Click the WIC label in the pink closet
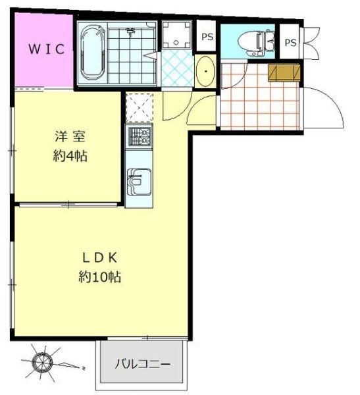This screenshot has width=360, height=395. point(47,49)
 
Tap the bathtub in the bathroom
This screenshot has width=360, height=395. point(92,53)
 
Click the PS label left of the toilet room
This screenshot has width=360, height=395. point(207,37)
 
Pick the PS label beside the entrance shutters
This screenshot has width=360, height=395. point(290,43)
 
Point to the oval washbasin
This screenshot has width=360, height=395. point(205,71)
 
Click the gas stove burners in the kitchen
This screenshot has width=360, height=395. point(140,137)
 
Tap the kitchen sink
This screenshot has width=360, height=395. point(139,182)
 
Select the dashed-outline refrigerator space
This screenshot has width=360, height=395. point(140,107)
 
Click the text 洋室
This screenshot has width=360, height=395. point(70,136)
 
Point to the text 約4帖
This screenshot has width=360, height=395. point(70,156)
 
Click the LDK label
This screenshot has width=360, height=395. point(100,257)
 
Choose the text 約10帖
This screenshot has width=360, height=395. point(100,277)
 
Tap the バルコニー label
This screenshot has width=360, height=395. point(143,364)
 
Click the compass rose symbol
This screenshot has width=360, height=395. point(43,362)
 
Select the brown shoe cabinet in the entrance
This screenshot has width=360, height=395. point(284,73)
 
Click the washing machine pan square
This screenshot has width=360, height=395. point(176,34)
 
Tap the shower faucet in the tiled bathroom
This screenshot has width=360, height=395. point(130,32)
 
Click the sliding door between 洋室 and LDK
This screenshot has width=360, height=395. point(68,204)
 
